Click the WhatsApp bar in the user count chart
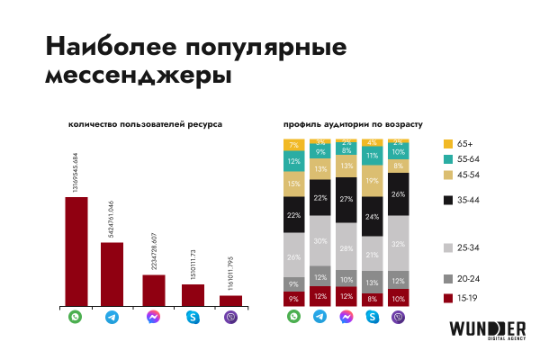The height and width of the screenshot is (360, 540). pos(76,252)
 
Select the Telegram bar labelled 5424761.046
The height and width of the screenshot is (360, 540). pos(112,274)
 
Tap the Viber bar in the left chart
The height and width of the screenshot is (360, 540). pos(230,301)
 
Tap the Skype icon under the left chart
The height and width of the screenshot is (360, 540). pos(193,318)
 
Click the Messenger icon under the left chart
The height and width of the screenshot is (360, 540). pos(154,318)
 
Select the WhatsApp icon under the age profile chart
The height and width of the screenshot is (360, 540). pos(293,318)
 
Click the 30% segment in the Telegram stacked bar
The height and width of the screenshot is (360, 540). pos(319,240)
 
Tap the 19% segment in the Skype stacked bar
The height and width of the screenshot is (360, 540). pos(372,181)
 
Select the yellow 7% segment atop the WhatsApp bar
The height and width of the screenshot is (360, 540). pos(293,145)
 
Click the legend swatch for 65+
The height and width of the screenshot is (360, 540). pos(447,144)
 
